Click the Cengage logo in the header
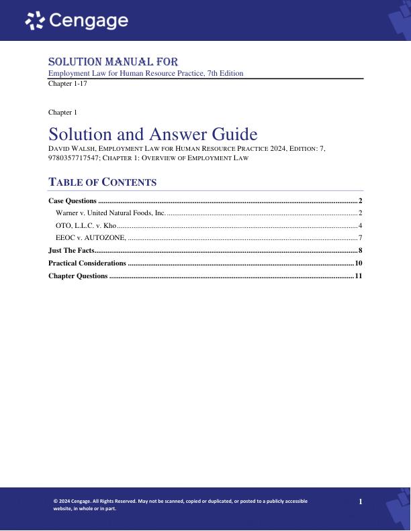point(77,21)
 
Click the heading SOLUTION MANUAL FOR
point(113,62)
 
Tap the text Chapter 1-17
point(68,84)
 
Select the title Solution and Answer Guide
point(153,133)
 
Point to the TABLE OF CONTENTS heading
point(103,182)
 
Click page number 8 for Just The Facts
point(361,250)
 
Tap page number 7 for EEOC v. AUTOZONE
point(361,237)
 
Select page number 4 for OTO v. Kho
point(361,225)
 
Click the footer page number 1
point(361,501)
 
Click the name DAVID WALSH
point(73,148)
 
